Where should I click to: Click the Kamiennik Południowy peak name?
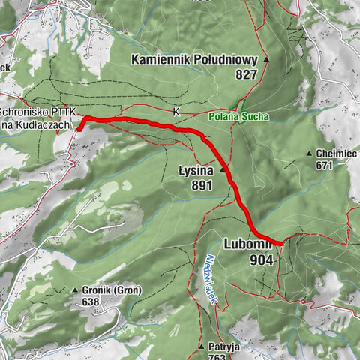click(x=194, y=60)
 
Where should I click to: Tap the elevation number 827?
click(x=245, y=74)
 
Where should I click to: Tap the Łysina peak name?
click(x=196, y=170)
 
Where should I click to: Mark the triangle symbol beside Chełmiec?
click(x=308, y=154)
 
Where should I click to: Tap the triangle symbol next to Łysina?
click(x=222, y=170)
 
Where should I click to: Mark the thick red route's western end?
click(x=79, y=129)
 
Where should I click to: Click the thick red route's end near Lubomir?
click(x=280, y=243)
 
